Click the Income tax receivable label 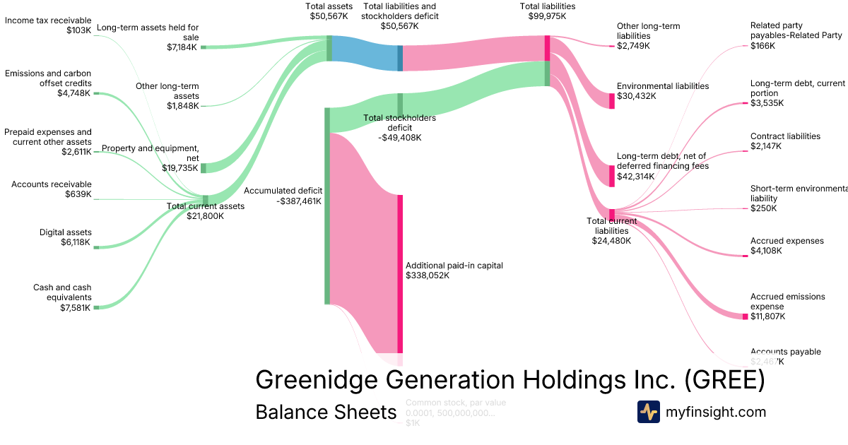pos(47,20)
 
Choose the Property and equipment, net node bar pos(204,168)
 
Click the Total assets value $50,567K pos(329,16)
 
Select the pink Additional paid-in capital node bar pos(399,273)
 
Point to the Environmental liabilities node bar pos(612,101)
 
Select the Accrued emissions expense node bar pos(745,316)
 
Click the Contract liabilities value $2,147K pos(766,146)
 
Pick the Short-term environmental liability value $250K pos(763,208)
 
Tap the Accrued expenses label pos(777,241)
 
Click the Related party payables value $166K pos(762,45)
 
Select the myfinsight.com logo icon pos(648,412)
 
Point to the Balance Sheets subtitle pos(326,412)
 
